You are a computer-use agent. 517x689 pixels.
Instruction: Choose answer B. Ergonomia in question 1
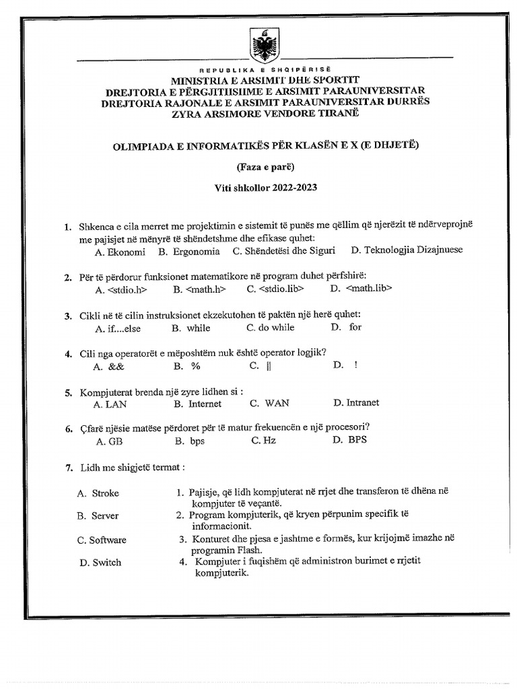point(189,252)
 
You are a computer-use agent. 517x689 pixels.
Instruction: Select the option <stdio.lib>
point(275,289)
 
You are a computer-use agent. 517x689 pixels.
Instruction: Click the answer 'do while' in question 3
point(271,328)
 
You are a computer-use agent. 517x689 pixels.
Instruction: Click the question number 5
point(68,392)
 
